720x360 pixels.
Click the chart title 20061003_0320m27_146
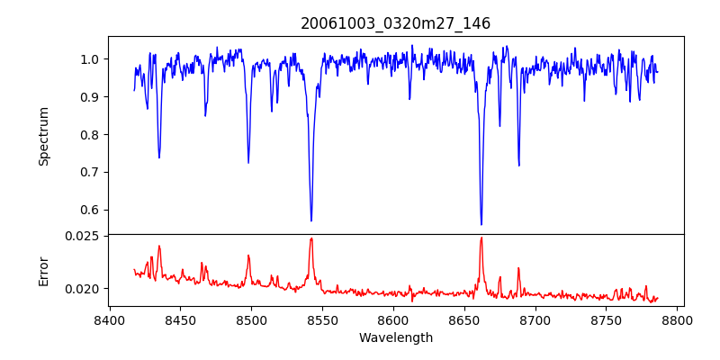coord(395,23)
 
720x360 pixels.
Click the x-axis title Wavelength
coord(395,337)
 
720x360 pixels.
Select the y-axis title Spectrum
coord(43,136)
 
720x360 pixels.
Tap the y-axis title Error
coord(43,270)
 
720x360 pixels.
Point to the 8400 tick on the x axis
coord(109,319)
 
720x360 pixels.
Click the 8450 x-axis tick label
coord(180,319)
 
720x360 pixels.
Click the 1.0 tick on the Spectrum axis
coord(89,59)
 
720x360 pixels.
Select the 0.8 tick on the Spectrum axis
coord(89,135)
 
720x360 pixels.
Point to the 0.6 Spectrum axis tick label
coord(89,211)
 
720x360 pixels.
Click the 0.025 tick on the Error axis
coord(83,236)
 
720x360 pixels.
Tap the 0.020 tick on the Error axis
coord(83,289)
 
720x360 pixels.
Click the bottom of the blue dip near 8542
coord(311,220)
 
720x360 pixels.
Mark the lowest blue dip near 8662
coord(481,224)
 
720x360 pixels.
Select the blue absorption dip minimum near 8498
coord(248,163)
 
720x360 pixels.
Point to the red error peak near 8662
coord(481,238)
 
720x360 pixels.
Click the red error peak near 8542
coord(311,238)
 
